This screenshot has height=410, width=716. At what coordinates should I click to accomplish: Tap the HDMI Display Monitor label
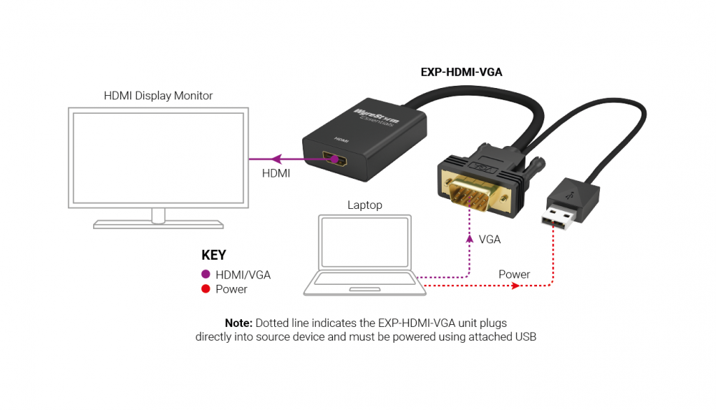158,95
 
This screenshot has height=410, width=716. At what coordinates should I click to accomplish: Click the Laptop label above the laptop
364,205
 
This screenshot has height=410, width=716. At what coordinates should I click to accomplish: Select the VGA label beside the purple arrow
490,240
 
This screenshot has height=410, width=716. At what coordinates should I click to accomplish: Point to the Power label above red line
514,274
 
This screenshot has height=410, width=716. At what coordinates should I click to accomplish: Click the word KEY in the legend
213,255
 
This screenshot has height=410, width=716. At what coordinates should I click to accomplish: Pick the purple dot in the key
205,274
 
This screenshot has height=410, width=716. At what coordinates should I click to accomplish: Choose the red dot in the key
205,289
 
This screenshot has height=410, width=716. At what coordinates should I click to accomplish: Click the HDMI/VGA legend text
243,275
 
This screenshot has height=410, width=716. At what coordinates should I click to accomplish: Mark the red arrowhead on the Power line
515,286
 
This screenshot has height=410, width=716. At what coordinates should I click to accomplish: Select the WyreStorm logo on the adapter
377,118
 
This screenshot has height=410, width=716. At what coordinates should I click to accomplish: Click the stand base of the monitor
158,224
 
